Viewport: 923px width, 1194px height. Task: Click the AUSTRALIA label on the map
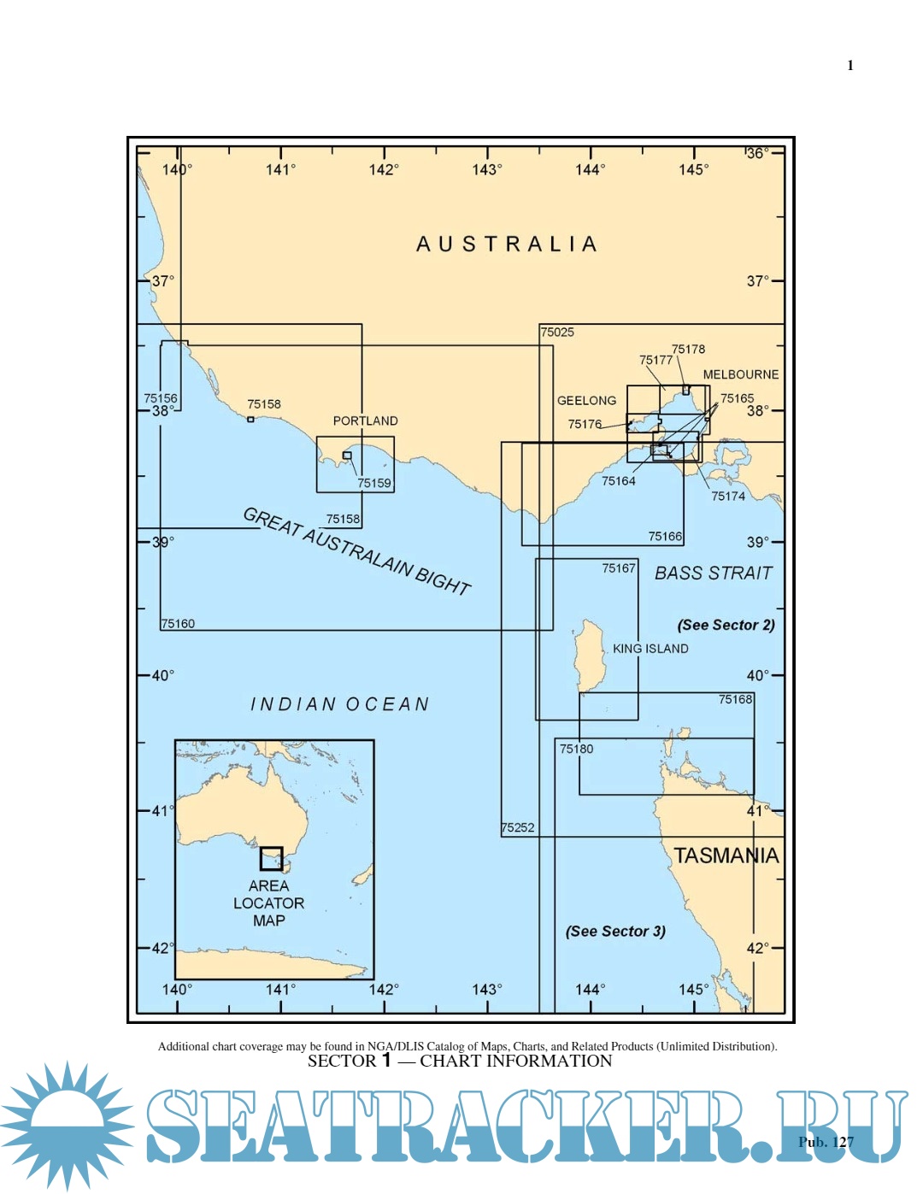(x=506, y=244)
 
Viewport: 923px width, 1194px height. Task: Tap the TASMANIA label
(x=726, y=856)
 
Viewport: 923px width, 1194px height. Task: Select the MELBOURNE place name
(x=740, y=374)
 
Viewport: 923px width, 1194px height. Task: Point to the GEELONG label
(x=586, y=400)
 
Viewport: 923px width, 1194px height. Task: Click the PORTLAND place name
(x=365, y=421)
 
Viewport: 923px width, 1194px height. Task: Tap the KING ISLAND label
(x=650, y=649)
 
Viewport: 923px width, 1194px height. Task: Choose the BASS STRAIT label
(x=713, y=573)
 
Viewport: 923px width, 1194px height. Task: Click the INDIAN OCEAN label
(x=339, y=704)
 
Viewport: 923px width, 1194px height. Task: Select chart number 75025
(x=557, y=332)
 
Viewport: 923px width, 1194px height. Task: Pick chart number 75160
(x=178, y=624)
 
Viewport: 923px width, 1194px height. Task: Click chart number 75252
(x=518, y=827)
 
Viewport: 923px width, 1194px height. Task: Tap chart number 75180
(x=576, y=749)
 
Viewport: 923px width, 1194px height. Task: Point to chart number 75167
(x=619, y=568)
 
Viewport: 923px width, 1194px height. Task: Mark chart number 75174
(x=728, y=496)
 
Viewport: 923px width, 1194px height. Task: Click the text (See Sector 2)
(x=726, y=625)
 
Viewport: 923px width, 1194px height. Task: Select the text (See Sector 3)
(x=615, y=931)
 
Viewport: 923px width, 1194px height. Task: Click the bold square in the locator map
(x=271, y=858)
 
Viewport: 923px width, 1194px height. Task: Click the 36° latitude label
(x=757, y=153)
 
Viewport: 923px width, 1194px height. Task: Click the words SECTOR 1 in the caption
(x=350, y=1061)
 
